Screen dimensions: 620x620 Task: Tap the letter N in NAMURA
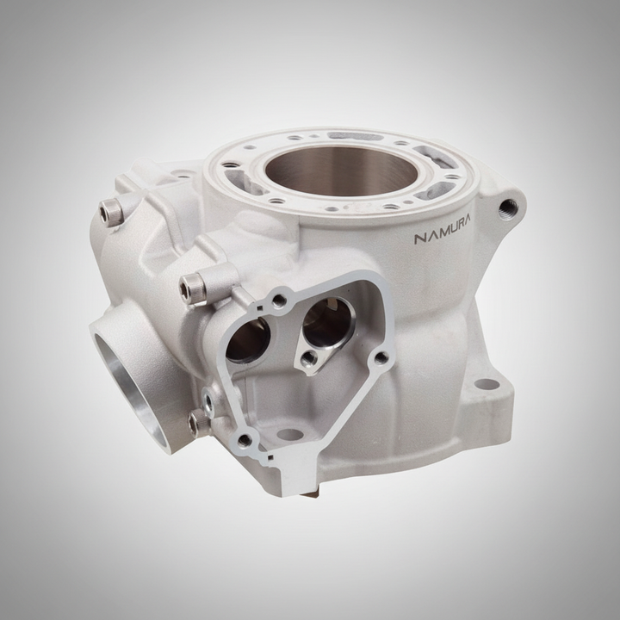point(420,239)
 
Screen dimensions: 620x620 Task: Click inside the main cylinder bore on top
point(341,170)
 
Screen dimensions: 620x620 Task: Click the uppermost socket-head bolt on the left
point(111,212)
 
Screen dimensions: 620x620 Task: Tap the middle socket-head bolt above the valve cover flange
point(193,289)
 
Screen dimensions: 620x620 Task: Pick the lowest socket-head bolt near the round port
point(196,422)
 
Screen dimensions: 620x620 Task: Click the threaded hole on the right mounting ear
point(508,209)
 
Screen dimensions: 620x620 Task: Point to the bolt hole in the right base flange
point(487,384)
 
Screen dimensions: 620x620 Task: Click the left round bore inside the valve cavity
point(248,339)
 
